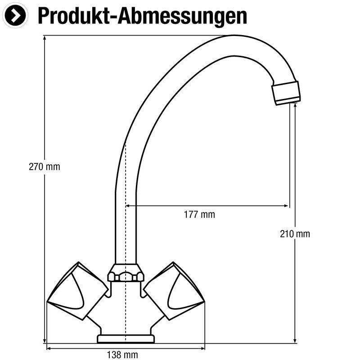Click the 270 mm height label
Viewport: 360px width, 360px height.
click(x=44, y=167)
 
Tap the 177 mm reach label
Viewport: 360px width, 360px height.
click(x=199, y=215)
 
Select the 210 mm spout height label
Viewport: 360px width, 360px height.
click(x=295, y=234)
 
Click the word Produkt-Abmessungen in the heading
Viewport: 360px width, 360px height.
click(x=142, y=16)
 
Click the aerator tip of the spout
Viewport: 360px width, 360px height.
click(x=287, y=92)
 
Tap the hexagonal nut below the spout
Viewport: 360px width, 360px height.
click(x=126, y=273)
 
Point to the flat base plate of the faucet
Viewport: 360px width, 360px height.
click(x=126, y=339)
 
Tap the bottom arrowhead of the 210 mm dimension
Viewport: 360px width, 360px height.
click(x=295, y=340)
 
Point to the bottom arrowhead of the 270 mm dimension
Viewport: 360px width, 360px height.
click(x=45, y=341)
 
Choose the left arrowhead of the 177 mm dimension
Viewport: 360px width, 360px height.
click(x=128, y=206)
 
